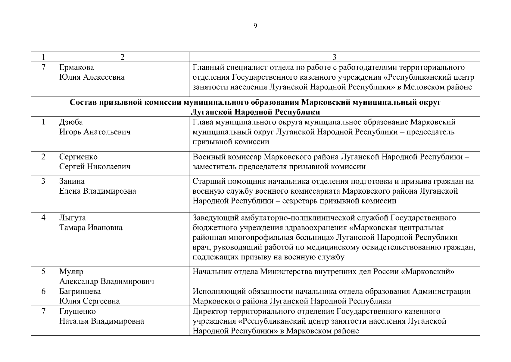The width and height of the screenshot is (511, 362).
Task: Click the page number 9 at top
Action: coord(255,26)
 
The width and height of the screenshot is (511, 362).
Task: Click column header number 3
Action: coord(334,57)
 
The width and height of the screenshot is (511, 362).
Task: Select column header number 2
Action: coord(122,57)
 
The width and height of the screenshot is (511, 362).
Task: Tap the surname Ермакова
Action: coord(76,67)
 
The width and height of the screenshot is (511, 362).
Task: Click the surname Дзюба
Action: coord(71,122)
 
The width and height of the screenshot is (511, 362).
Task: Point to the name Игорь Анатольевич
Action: coord(95,132)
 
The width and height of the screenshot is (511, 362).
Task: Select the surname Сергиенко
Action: coord(78,157)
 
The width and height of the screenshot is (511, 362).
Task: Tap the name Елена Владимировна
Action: coord(98,191)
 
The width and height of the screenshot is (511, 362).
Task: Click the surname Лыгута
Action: coord(72,218)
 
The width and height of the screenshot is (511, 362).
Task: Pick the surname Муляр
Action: coord(71,272)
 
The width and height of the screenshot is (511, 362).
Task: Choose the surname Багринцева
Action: coord(80,292)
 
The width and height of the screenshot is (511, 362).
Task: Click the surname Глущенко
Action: coord(77,311)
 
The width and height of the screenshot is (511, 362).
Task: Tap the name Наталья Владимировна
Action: coord(101,321)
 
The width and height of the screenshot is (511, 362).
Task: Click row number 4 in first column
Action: coord(43,218)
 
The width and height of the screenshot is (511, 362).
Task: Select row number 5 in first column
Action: coord(43,272)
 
